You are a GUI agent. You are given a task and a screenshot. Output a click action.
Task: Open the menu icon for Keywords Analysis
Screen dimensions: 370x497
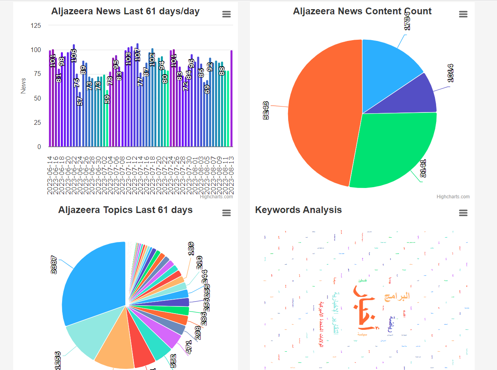coord(463,213)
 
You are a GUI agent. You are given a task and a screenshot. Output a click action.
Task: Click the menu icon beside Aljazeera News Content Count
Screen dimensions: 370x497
coord(463,14)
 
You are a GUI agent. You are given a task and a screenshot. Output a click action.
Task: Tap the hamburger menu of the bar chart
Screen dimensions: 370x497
coord(226,14)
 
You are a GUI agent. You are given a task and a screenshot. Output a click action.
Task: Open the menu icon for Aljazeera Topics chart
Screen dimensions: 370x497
coord(226,213)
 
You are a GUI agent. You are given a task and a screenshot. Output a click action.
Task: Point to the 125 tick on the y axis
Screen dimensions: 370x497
coord(36,26)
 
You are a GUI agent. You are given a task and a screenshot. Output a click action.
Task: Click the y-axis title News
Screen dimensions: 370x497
coord(23,86)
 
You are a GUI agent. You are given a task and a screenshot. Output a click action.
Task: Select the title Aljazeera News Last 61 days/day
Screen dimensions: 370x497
coord(125,12)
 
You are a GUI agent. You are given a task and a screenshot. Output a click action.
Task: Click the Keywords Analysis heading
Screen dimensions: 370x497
coord(298,210)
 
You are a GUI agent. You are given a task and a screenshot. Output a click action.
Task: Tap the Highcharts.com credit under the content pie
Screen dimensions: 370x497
coord(453,197)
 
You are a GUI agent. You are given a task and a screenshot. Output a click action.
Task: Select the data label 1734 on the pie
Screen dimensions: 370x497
coord(407,21)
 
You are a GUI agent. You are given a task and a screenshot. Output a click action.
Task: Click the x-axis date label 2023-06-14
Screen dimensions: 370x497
coord(50,175)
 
